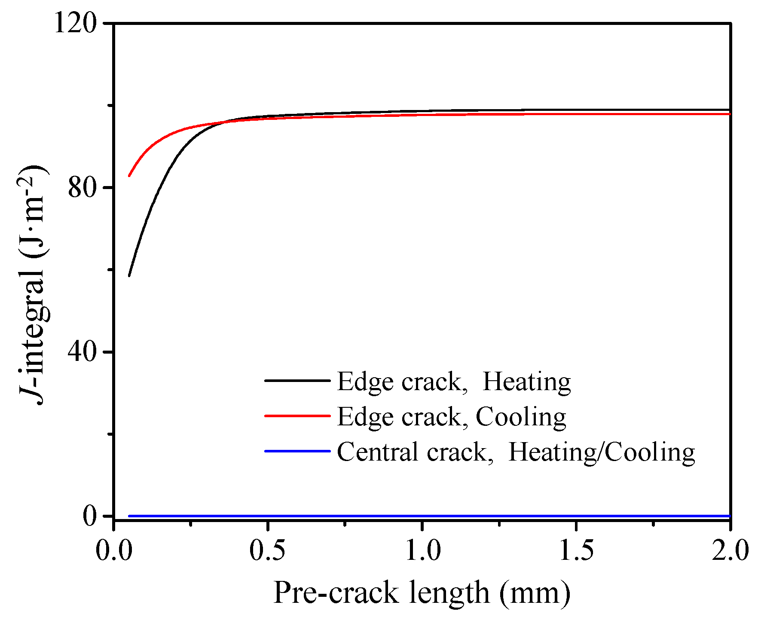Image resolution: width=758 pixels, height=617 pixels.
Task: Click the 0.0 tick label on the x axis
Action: (x=113, y=551)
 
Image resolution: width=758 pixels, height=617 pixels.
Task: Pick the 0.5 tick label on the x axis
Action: (x=267, y=551)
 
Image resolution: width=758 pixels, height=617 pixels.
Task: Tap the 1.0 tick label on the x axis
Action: (x=422, y=551)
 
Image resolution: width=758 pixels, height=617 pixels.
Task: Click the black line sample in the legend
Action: (x=297, y=381)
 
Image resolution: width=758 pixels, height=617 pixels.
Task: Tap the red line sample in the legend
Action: (x=297, y=416)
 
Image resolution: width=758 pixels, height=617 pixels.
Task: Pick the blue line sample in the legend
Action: (x=297, y=451)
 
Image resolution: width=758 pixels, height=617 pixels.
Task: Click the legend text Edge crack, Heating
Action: (x=454, y=382)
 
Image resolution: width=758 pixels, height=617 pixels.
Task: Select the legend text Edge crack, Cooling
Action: (x=452, y=417)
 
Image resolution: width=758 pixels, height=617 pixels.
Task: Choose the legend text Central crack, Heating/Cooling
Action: (x=516, y=452)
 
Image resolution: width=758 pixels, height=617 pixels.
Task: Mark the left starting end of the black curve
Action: (x=129, y=275)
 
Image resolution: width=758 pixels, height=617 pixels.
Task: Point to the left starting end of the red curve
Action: (x=129, y=176)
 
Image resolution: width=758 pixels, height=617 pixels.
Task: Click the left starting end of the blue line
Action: (x=129, y=516)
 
